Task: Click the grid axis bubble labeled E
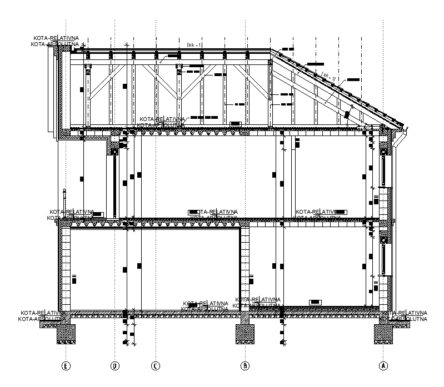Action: (x=66, y=365)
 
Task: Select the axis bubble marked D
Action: (x=114, y=365)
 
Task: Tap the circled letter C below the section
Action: (x=156, y=365)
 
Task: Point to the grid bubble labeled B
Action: (x=245, y=365)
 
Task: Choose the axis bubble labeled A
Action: (x=383, y=365)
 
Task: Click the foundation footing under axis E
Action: (x=66, y=333)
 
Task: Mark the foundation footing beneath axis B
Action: (x=245, y=334)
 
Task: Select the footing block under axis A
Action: (x=383, y=333)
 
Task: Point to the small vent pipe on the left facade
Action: (x=65, y=198)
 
